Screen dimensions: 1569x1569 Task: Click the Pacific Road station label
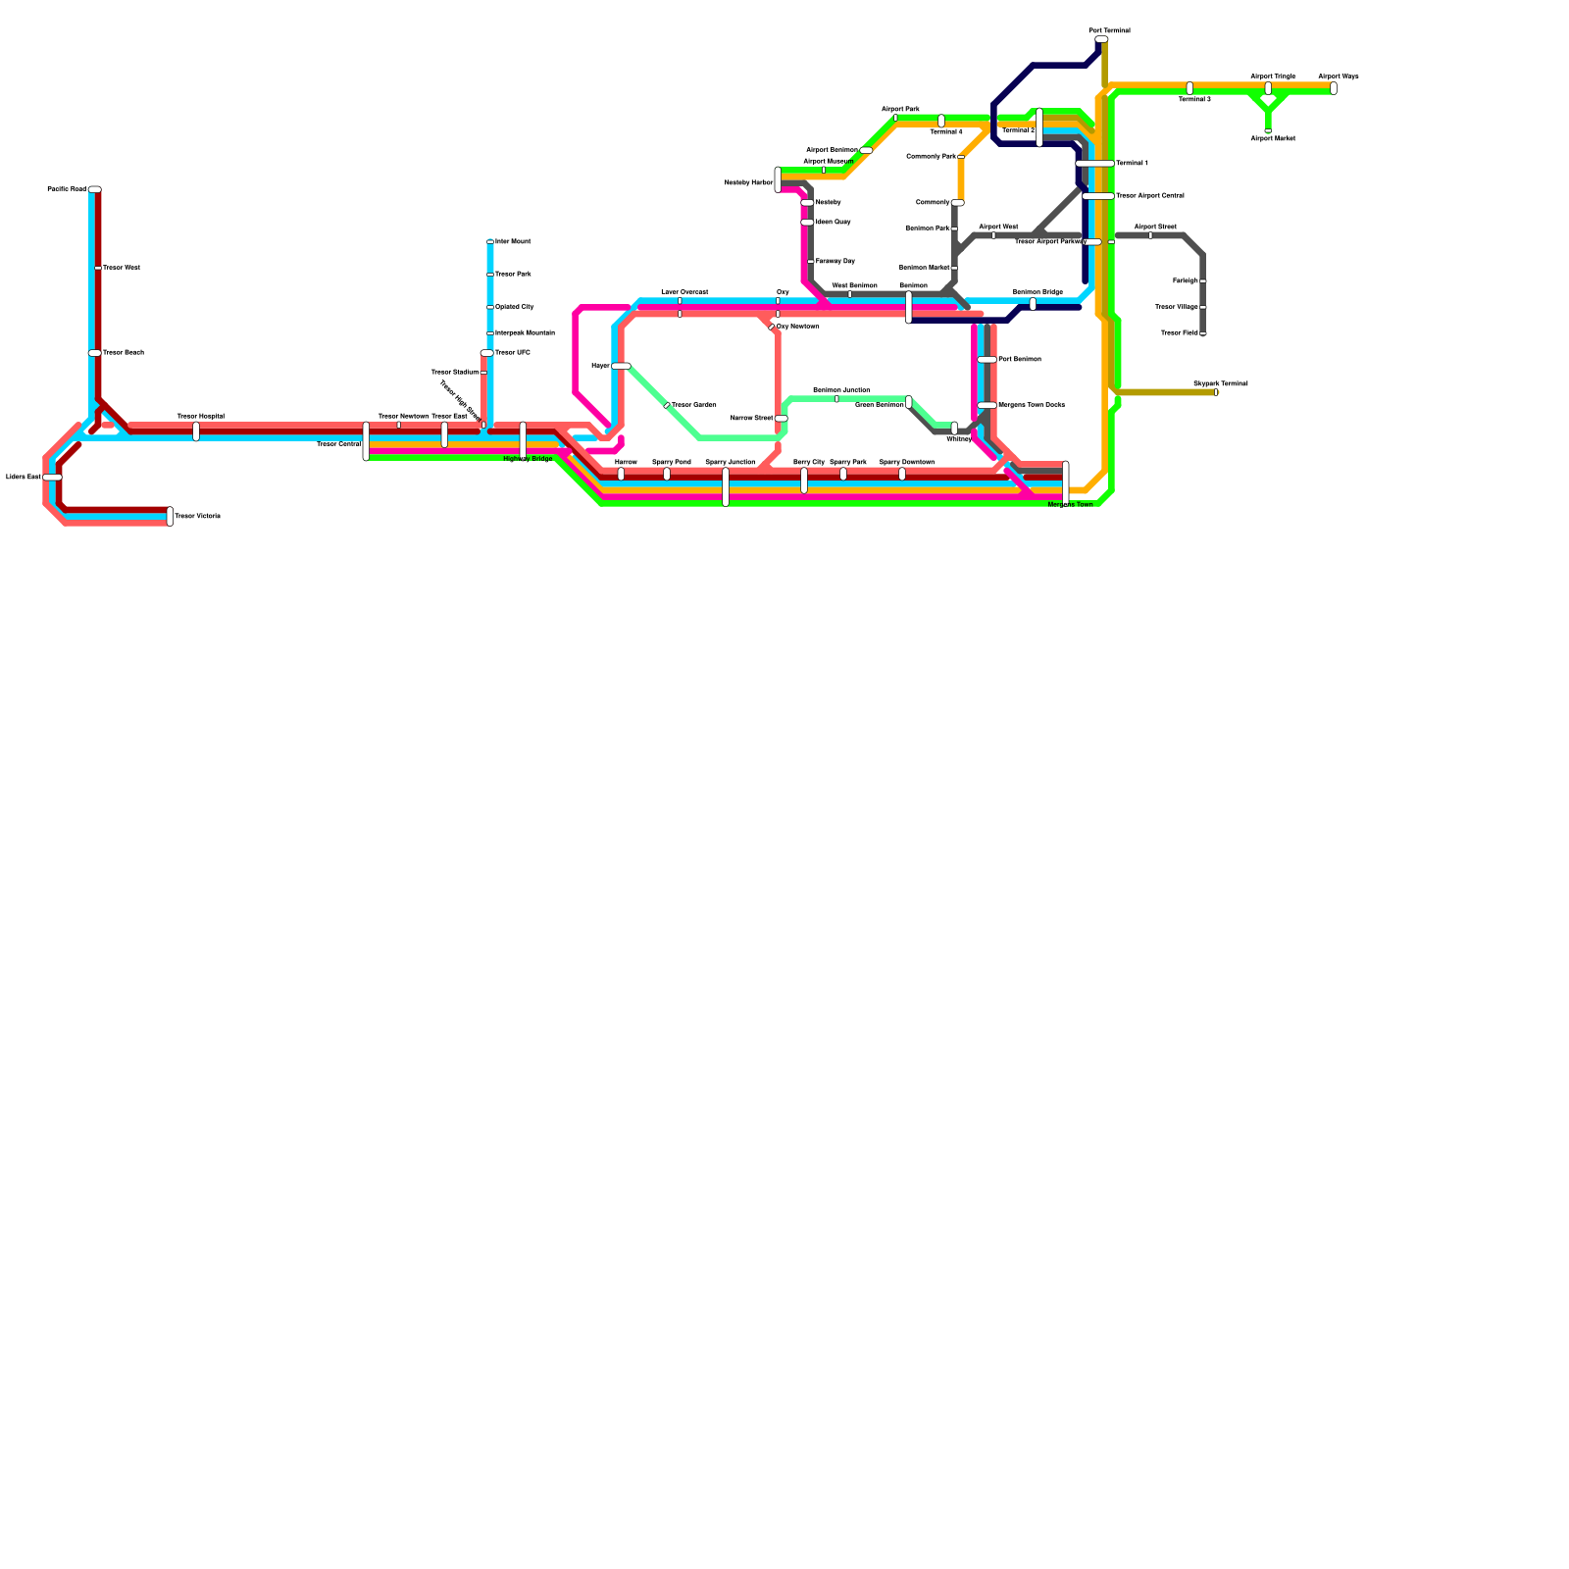pos(67,189)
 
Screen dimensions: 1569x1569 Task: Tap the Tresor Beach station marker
pos(94,353)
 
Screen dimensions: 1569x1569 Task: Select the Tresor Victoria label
pos(197,516)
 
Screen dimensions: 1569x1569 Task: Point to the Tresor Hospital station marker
pos(196,431)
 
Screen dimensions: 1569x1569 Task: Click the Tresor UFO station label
pos(513,353)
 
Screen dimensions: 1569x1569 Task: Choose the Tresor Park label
pos(513,275)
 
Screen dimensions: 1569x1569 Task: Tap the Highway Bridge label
pos(528,459)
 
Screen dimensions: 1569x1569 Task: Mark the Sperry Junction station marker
pos(726,486)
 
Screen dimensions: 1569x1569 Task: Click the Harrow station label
pos(626,462)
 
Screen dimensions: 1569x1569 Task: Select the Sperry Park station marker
pos(843,474)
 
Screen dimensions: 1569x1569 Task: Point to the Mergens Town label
pos(1070,505)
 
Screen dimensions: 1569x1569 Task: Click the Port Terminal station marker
pos(1101,40)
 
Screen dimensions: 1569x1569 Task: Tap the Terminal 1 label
pos(1132,163)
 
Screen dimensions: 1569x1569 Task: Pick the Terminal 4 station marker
pos(941,121)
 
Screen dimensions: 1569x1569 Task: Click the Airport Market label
pos(1273,139)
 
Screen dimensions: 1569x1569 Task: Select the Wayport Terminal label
pos(1220,383)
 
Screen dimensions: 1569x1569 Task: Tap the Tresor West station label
pos(122,268)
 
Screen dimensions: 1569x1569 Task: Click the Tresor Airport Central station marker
pos(1098,196)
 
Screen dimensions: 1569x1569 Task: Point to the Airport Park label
pos(900,109)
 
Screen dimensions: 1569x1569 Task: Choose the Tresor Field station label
pos(1179,333)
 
